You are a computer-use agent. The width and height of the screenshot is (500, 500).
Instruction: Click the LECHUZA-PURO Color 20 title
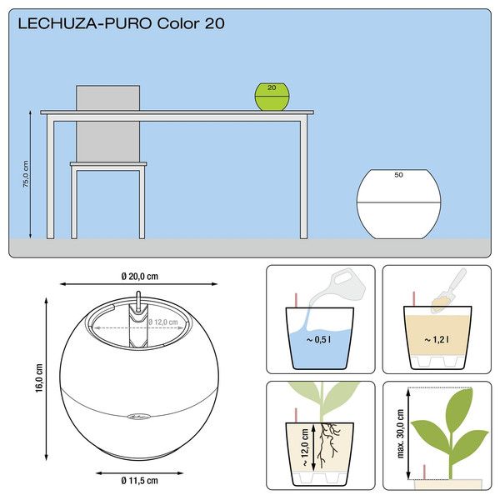(121, 23)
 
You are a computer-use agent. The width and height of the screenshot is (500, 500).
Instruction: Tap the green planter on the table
(272, 97)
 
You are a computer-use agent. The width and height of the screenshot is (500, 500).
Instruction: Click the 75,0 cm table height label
(26, 174)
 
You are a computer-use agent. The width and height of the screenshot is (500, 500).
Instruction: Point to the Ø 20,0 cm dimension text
(138, 277)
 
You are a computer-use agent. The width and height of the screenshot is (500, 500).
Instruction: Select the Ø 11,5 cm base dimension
(138, 480)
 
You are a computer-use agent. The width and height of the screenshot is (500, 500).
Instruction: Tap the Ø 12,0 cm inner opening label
(162, 322)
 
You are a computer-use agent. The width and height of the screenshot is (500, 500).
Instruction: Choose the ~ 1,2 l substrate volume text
(435, 340)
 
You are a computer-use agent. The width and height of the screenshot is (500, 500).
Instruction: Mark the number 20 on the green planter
(272, 87)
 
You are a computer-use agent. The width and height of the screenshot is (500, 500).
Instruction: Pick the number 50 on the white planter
(398, 175)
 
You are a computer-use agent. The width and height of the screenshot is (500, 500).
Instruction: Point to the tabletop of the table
(177, 112)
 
